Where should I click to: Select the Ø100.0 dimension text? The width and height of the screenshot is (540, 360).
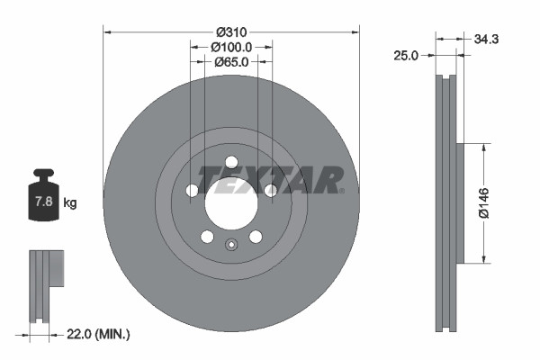(x=231, y=46)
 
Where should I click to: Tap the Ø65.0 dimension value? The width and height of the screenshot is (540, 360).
(x=231, y=62)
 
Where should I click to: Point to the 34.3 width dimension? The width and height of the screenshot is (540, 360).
(x=487, y=38)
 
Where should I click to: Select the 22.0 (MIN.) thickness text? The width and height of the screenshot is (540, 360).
(x=100, y=334)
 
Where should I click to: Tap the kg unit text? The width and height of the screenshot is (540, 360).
(x=69, y=203)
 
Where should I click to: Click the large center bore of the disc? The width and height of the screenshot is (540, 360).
(x=231, y=203)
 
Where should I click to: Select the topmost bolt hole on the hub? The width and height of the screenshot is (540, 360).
(x=231, y=162)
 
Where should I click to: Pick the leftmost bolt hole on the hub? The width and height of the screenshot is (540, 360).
(x=192, y=191)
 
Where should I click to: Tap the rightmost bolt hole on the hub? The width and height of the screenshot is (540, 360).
(x=271, y=190)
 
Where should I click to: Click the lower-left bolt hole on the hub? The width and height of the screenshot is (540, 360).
(x=207, y=237)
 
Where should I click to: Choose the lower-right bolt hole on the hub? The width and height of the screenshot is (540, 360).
(x=256, y=237)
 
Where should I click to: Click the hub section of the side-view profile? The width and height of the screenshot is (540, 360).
(x=461, y=203)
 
